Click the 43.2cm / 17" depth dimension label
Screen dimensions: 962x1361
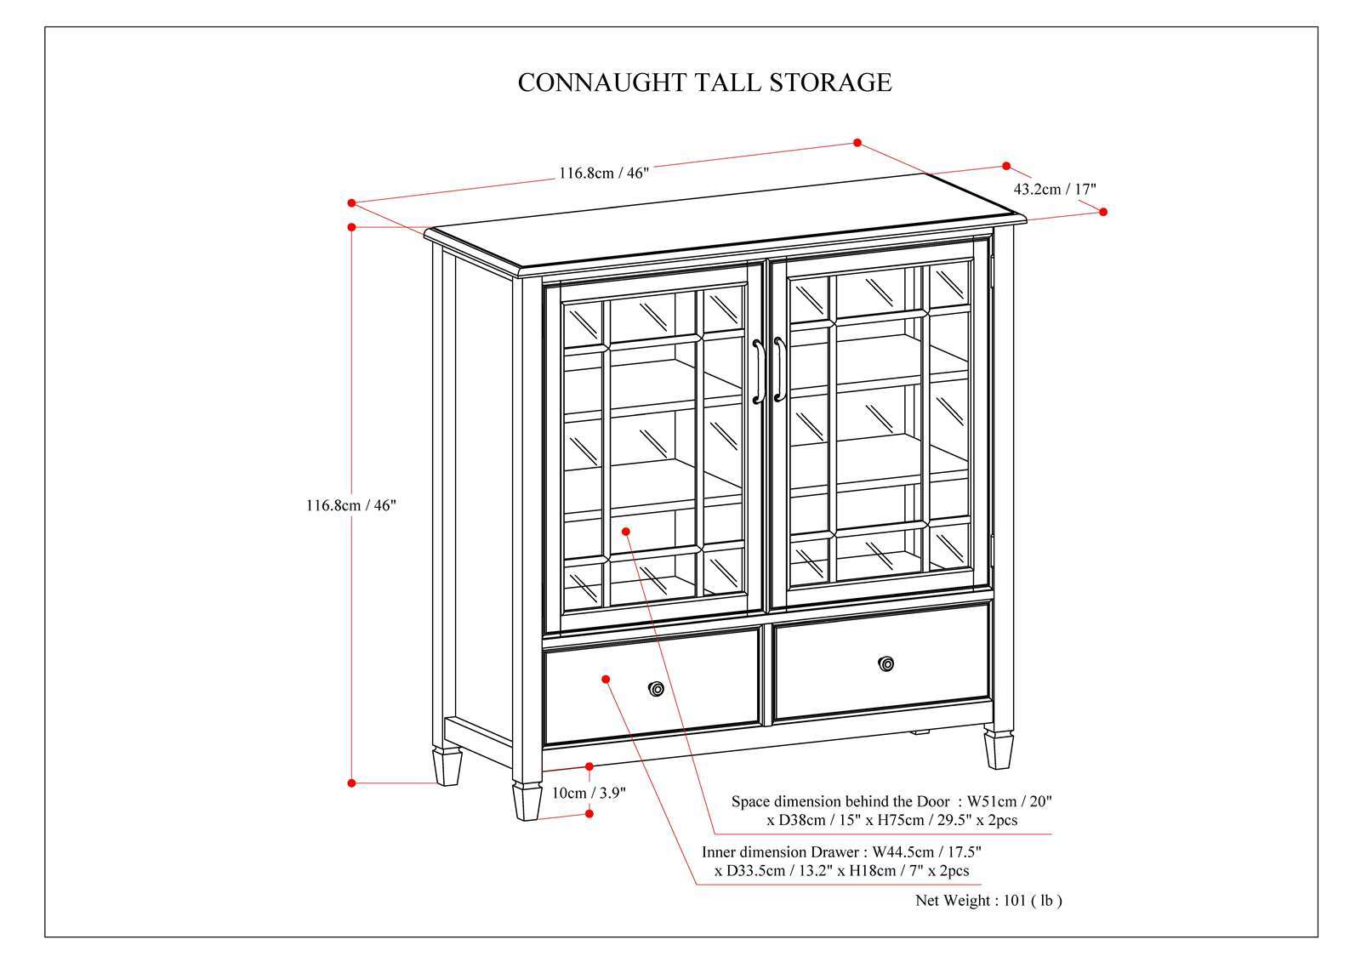coord(1055,189)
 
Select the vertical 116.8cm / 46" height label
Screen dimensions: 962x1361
coord(351,504)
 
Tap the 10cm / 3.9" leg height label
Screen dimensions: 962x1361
coord(589,793)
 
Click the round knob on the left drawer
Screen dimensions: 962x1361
coord(656,688)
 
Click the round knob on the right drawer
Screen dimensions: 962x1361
coord(887,663)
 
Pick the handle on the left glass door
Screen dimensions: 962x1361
coord(756,372)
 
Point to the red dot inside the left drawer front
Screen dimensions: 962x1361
coord(606,679)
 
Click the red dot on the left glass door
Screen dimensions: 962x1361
coord(626,531)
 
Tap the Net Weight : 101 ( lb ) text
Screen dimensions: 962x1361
coord(988,900)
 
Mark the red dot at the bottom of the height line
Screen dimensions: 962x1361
coord(351,783)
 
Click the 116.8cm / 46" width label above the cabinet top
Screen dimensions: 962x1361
coord(603,174)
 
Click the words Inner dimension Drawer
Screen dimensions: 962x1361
coord(781,851)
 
